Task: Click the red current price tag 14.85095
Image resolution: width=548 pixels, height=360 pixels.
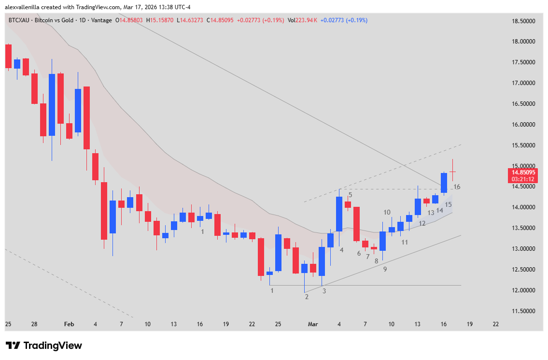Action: click(x=524, y=172)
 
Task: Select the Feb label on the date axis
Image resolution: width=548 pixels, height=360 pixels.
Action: click(x=69, y=324)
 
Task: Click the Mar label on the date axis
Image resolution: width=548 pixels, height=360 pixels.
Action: click(x=313, y=324)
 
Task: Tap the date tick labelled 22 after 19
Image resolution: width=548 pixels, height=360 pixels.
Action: click(x=496, y=324)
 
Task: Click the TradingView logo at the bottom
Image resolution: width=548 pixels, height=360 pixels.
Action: click(x=44, y=346)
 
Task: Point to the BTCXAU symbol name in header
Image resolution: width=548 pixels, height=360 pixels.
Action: click(x=19, y=20)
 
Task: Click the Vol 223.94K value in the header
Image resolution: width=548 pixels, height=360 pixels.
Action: click(x=302, y=20)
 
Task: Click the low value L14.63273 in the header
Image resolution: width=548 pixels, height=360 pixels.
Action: click(x=190, y=20)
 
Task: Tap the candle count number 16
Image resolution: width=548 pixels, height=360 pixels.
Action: click(x=457, y=187)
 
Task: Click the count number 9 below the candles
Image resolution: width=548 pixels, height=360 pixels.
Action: click(x=385, y=269)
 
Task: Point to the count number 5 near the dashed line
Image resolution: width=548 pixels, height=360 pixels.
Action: click(x=350, y=195)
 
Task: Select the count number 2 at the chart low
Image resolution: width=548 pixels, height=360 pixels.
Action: click(x=307, y=297)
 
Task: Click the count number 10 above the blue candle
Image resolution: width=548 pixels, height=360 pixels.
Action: click(x=387, y=212)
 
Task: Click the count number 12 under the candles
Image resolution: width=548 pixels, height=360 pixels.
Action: click(x=422, y=224)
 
